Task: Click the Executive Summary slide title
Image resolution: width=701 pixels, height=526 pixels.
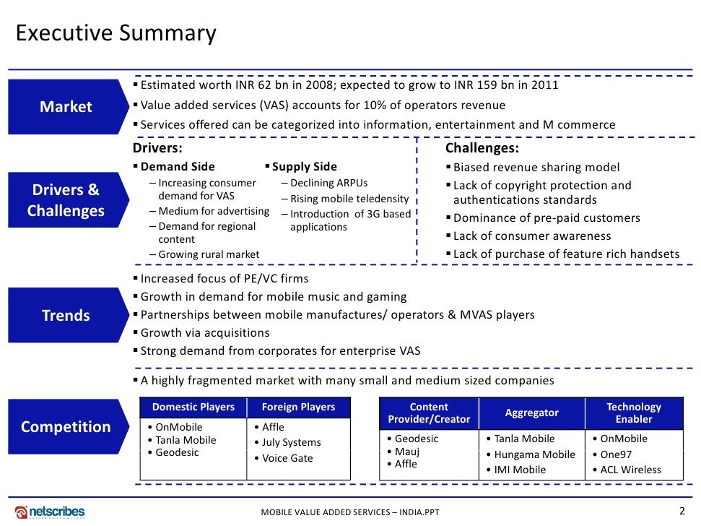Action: [x=116, y=34]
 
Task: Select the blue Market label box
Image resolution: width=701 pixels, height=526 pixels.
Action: [x=66, y=107]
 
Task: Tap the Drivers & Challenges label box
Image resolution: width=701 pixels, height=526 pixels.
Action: [x=66, y=200]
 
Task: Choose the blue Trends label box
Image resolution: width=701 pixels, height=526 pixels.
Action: [x=66, y=315]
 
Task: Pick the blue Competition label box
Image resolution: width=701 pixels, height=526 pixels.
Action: [x=66, y=426]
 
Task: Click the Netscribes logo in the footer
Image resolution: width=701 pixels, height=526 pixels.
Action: [x=50, y=512]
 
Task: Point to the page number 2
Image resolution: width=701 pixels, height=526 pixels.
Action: [x=682, y=511]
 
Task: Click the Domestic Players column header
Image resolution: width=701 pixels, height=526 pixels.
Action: [x=193, y=407]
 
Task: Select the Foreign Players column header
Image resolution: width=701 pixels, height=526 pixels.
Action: [x=298, y=407]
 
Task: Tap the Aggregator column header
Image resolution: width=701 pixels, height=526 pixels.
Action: [x=531, y=413]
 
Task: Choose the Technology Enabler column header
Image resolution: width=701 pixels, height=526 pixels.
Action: [x=633, y=413]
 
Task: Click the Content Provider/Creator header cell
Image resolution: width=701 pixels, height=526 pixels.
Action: [x=429, y=413]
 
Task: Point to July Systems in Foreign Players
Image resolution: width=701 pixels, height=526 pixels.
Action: [x=292, y=442]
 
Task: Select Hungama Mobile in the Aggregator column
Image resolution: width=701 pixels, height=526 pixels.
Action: [x=534, y=454]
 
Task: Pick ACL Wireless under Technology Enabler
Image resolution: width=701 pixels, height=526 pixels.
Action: [x=630, y=470]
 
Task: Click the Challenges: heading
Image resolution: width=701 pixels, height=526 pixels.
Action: [x=482, y=149]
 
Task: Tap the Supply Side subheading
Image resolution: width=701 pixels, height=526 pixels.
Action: [x=304, y=167]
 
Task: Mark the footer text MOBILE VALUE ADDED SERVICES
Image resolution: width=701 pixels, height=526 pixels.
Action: [x=349, y=512]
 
